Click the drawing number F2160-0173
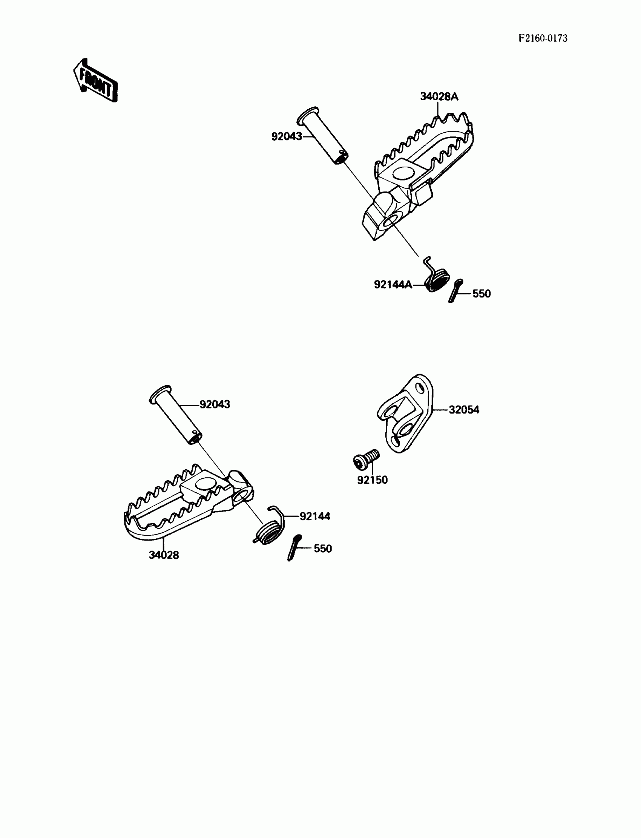(x=543, y=38)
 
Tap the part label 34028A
(x=439, y=97)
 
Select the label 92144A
(x=393, y=285)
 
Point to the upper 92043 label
(x=287, y=136)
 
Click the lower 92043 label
(x=215, y=404)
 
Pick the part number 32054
(x=463, y=410)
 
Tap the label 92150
(x=372, y=480)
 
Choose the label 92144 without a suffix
(x=315, y=516)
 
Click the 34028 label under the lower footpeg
(x=164, y=555)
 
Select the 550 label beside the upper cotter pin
(x=482, y=294)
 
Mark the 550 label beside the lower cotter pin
(x=323, y=548)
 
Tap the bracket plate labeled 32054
(x=408, y=416)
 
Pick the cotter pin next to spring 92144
(x=294, y=547)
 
